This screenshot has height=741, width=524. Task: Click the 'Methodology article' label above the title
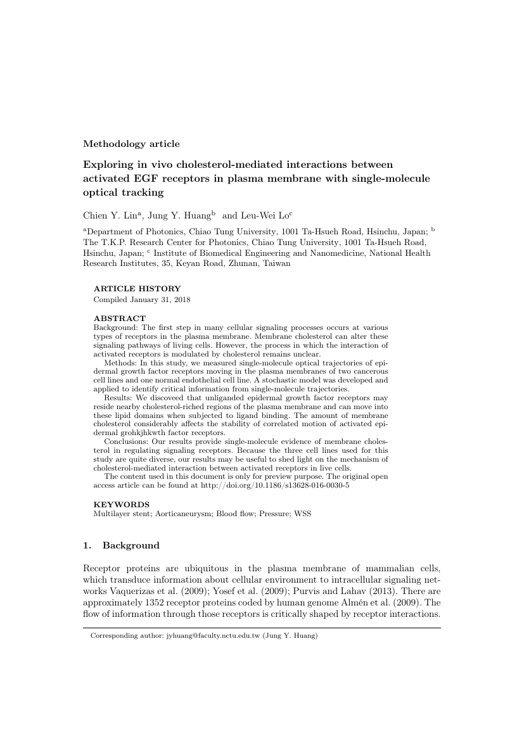tap(131, 144)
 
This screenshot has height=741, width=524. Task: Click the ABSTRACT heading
tap(120, 318)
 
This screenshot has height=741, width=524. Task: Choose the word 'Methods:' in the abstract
tap(122, 356)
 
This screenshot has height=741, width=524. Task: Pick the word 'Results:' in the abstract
tap(120, 397)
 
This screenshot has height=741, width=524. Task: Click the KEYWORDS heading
tap(122, 505)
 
